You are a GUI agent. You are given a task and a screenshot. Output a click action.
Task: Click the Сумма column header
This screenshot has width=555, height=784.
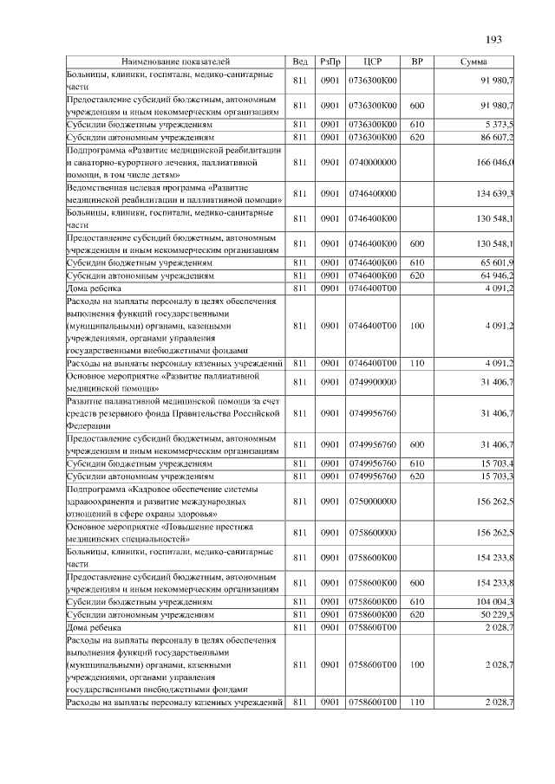pyautogui.click(x=473, y=62)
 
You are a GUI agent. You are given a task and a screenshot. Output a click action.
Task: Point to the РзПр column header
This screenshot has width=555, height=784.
pyautogui.click(x=330, y=62)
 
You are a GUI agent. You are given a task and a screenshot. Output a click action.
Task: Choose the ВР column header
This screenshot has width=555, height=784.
pyautogui.click(x=416, y=62)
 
